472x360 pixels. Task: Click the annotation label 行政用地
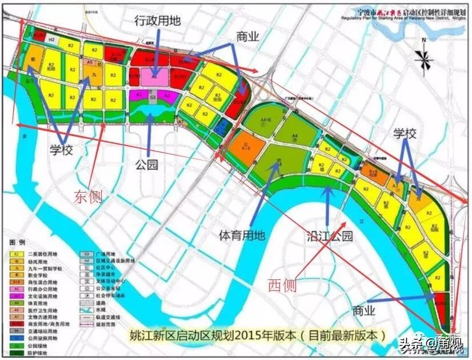tap(158, 21)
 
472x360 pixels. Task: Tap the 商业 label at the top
tap(248, 37)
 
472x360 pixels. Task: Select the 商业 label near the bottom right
tap(364, 311)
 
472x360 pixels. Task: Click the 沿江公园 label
tap(329, 235)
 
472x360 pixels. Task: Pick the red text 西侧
tap(282, 285)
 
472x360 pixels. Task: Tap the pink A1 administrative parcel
tap(153, 75)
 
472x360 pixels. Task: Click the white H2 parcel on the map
tap(51, 39)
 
